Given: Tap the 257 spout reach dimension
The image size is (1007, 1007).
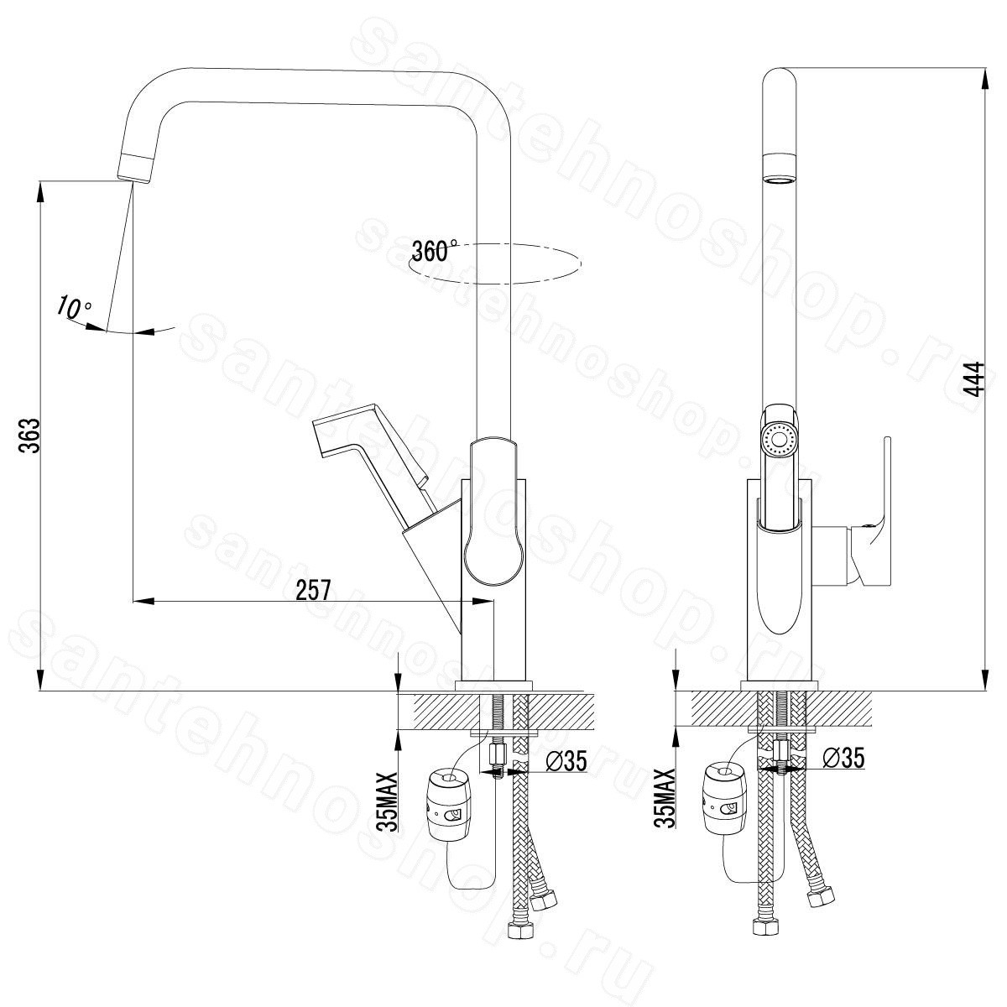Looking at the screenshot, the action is pyautogui.click(x=314, y=590).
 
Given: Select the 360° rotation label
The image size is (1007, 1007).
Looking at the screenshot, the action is pyautogui.click(x=434, y=250).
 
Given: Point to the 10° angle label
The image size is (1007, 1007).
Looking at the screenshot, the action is pyautogui.click(x=74, y=307).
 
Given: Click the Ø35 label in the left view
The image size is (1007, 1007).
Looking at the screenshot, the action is pyautogui.click(x=566, y=761).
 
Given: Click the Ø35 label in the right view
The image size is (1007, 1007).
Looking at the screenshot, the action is pyautogui.click(x=843, y=757).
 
